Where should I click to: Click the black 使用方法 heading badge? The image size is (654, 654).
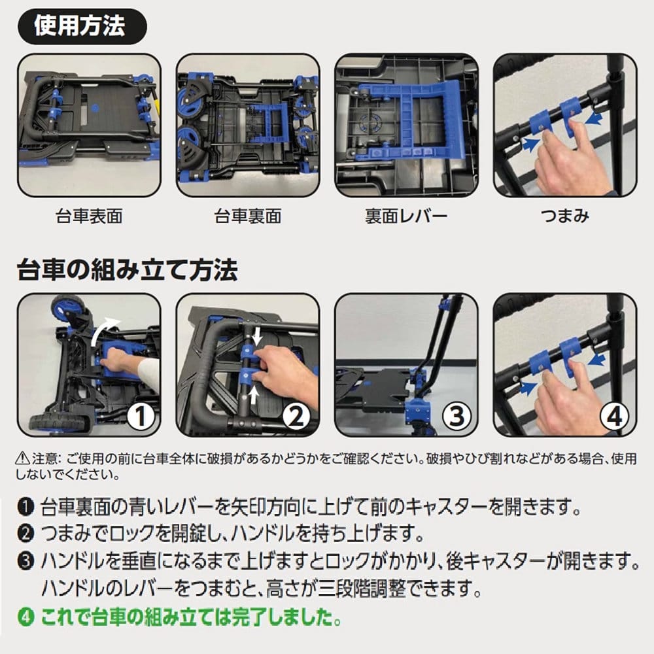82,26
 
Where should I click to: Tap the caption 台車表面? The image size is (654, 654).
89,216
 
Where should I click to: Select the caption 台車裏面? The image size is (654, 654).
248,216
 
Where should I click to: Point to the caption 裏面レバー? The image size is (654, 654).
406,216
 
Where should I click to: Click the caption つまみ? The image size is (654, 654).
565,216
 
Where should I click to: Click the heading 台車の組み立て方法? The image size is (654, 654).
128,270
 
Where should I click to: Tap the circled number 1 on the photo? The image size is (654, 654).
141,416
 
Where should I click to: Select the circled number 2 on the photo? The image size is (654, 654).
296,416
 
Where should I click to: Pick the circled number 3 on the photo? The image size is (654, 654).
456,416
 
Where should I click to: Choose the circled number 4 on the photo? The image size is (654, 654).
614,416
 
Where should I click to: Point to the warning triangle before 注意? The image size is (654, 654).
22,459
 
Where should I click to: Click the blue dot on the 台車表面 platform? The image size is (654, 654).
95,108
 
